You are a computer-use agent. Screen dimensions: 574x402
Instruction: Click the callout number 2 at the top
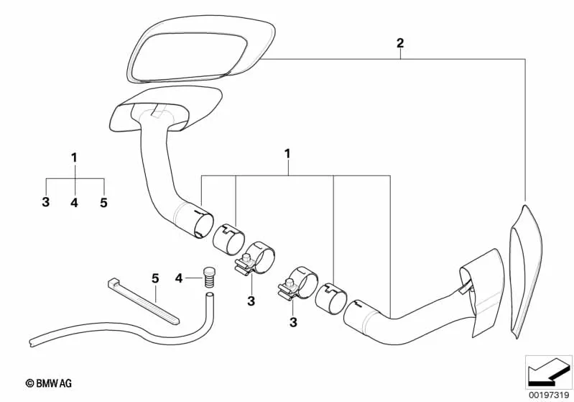(400, 43)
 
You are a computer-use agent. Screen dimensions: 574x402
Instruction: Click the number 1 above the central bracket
(288, 154)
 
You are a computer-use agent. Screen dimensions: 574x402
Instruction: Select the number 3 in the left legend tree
(46, 201)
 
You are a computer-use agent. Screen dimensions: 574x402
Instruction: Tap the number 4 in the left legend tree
(74, 201)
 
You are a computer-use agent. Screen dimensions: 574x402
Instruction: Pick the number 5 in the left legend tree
(104, 201)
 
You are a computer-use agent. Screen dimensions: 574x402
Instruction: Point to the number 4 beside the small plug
(179, 278)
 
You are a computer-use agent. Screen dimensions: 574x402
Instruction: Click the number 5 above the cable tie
(156, 278)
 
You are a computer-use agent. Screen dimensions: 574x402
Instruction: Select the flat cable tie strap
(144, 301)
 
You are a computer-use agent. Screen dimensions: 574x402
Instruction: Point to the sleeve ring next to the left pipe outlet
(228, 238)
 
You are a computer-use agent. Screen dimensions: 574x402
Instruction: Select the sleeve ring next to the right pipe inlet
(331, 298)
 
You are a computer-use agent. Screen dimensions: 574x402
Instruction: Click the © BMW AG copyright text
(49, 384)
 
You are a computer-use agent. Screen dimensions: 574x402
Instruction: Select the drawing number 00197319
(549, 395)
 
